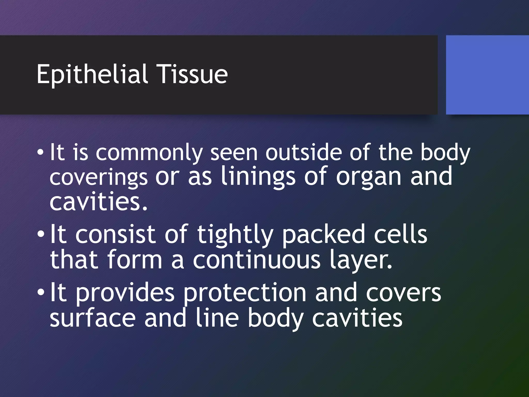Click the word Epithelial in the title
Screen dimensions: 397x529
click(92, 74)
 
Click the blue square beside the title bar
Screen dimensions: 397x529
click(487, 75)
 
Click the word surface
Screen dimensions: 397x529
click(92, 318)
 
